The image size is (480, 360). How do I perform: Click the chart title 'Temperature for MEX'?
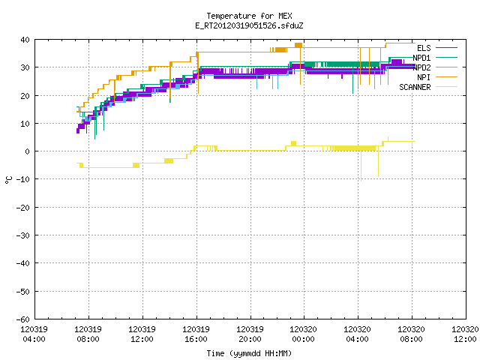[249, 16]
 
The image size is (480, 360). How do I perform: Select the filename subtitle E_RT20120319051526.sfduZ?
[249, 25]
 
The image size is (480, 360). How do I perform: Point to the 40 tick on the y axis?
[25, 40]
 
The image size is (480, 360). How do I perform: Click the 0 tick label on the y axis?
[28, 151]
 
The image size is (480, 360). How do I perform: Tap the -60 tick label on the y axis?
[23, 319]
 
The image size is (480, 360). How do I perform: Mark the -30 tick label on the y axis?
[23, 235]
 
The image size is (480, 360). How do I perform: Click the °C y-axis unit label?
[9, 180]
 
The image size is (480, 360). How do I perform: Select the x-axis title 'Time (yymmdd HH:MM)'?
[249, 353]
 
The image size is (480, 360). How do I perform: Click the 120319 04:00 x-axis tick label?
[34, 334]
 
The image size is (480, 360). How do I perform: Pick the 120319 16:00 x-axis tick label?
[196, 334]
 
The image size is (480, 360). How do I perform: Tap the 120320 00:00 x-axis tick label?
[304, 334]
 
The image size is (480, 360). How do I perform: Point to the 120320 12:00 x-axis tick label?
[465, 334]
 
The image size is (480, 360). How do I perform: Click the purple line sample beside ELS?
[446, 48]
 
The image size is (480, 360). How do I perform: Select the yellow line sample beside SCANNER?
[446, 87]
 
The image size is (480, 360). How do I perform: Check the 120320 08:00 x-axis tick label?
[412, 334]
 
